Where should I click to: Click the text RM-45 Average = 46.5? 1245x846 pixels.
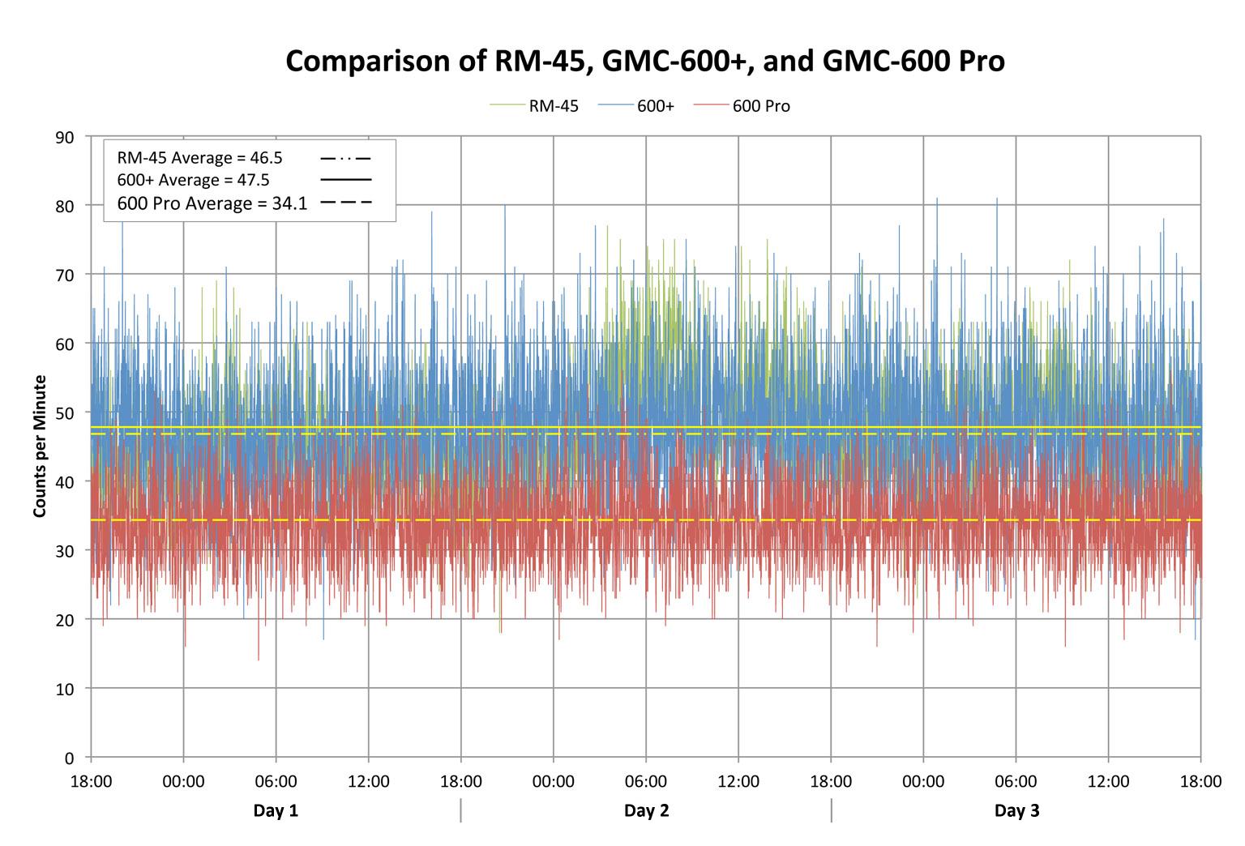point(199,158)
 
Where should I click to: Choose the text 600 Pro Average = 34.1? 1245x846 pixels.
point(212,203)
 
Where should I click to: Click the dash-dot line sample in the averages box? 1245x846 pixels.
point(345,158)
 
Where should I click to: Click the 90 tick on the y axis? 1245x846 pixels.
point(65,138)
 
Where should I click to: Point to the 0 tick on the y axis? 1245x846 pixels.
point(69,758)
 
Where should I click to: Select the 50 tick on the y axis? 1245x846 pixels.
point(65,413)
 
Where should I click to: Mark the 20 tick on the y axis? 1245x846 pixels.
point(65,620)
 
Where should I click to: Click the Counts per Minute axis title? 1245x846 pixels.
point(39,446)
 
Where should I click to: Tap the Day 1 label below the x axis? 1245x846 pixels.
point(276,811)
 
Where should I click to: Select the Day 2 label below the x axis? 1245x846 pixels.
point(646,811)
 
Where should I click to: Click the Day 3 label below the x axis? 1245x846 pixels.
point(1016,811)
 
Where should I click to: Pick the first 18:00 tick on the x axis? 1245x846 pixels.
point(91,783)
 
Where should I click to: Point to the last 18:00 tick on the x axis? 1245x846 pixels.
point(1200,783)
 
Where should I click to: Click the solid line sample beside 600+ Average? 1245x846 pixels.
point(345,179)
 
